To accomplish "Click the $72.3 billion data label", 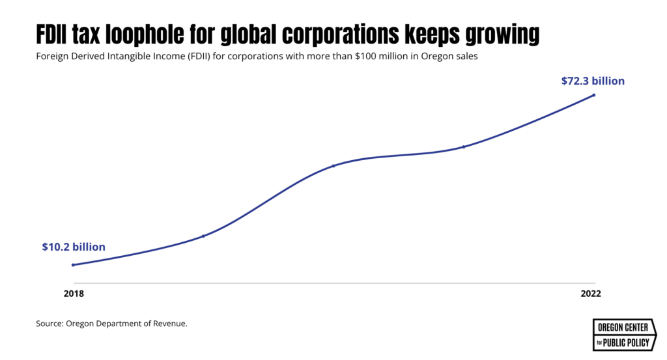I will [593, 81].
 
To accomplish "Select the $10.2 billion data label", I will [74, 247].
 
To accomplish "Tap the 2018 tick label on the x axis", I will [74, 294].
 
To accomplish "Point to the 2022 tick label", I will [591, 294].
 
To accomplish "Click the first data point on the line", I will [73, 265].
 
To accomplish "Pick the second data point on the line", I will [203, 236].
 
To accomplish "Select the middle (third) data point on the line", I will [333, 165].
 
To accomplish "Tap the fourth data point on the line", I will [463, 146].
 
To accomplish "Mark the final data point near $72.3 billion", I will [593, 95].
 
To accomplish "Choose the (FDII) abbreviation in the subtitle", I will [188, 57].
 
